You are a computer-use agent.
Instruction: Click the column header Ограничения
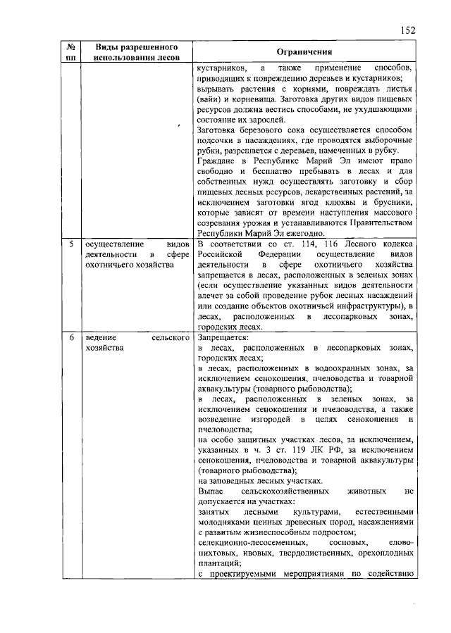[304, 52]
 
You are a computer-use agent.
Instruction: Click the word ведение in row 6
[98, 339]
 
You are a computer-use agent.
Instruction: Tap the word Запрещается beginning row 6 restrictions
[223, 339]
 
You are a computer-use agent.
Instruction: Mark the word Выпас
[210, 487]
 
